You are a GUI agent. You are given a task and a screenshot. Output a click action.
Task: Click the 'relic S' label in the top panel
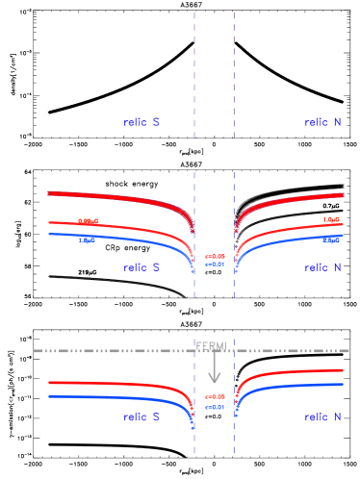pyautogui.click(x=141, y=122)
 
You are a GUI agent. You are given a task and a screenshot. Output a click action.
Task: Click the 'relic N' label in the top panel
pyautogui.click(x=321, y=122)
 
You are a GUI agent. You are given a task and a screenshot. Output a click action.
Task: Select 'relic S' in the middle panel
pyautogui.click(x=141, y=267)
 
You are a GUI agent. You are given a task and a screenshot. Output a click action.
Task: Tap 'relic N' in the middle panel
pyautogui.click(x=321, y=267)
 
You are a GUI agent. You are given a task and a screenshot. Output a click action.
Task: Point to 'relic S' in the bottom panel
pyautogui.click(x=141, y=417)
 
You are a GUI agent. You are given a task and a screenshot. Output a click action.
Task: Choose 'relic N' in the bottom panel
pyautogui.click(x=321, y=417)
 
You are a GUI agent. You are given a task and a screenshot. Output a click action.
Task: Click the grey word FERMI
pyautogui.click(x=211, y=345)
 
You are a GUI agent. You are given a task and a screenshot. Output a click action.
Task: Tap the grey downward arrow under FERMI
pyautogui.click(x=214, y=369)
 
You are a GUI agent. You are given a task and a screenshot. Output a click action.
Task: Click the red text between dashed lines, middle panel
pyautogui.click(x=215, y=256)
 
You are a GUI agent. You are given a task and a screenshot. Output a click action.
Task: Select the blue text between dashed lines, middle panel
pyautogui.click(x=215, y=264)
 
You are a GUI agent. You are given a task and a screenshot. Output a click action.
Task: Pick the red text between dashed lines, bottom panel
pyautogui.click(x=215, y=396)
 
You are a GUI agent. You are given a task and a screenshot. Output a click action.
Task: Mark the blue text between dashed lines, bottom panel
pyautogui.click(x=215, y=407)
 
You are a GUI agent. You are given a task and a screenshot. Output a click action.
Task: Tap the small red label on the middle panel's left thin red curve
pyautogui.click(x=88, y=221)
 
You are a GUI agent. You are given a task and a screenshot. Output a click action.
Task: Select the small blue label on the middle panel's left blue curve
pyautogui.click(x=87, y=239)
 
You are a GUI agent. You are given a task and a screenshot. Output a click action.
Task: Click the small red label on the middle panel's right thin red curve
pyautogui.click(x=331, y=220)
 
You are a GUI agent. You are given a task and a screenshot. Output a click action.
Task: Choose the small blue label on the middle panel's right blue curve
pyautogui.click(x=331, y=239)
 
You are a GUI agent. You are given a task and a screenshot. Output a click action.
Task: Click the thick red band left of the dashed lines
pyautogui.click(x=116, y=198)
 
